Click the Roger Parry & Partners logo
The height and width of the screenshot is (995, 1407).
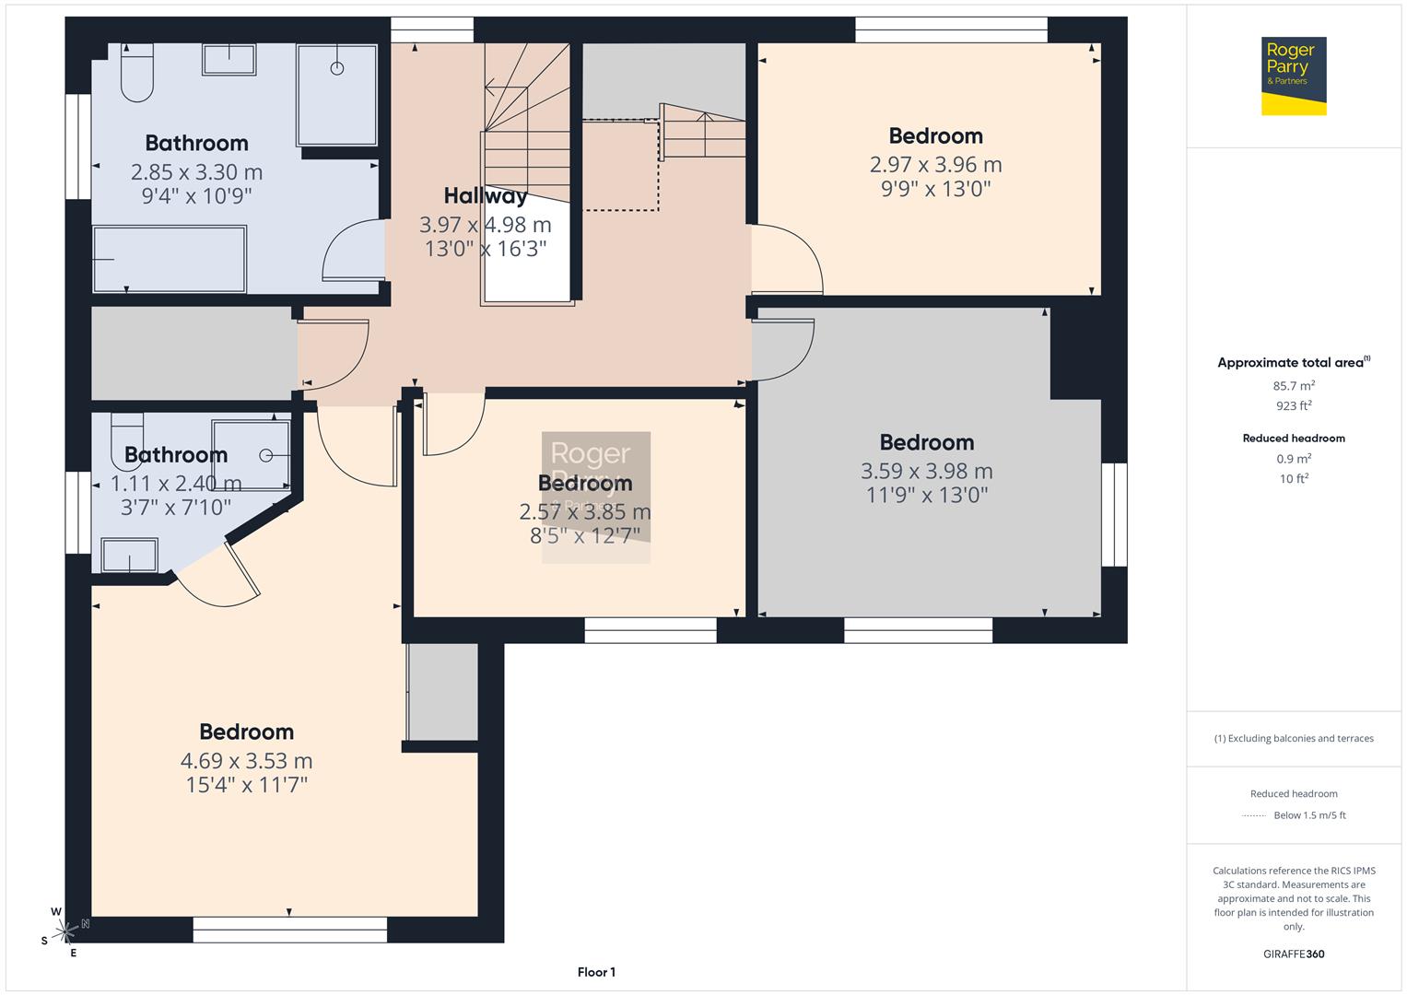pyautogui.click(x=1293, y=76)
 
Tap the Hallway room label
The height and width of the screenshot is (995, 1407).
pyautogui.click(x=486, y=195)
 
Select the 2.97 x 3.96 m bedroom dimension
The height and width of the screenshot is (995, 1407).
pyautogui.click(x=935, y=165)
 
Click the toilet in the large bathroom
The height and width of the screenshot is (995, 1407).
pyautogui.click(x=136, y=74)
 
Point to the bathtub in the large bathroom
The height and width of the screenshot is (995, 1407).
pyautogui.click(x=170, y=259)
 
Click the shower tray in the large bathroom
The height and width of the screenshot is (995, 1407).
pyautogui.click(x=336, y=94)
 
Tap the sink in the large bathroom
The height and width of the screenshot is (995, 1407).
pyautogui.click(x=229, y=60)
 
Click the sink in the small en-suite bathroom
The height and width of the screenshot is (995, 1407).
pyautogui.click(x=129, y=556)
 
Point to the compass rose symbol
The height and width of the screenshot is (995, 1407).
pyautogui.click(x=65, y=931)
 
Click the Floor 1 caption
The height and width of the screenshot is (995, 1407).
pyautogui.click(x=596, y=972)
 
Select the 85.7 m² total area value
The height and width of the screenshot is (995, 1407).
pyautogui.click(x=1294, y=386)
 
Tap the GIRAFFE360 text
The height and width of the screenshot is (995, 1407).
pyautogui.click(x=1294, y=954)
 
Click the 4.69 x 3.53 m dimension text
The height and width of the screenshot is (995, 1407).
pyautogui.click(x=246, y=761)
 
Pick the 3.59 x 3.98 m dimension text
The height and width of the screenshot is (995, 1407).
pyautogui.click(x=926, y=472)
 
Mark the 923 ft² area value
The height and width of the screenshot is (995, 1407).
pyautogui.click(x=1294, y=405)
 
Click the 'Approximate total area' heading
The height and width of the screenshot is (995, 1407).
pyautogui.click(x=1293, y=363)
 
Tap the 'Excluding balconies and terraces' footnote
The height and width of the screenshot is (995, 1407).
pyautogui.click(x=1294, y=738)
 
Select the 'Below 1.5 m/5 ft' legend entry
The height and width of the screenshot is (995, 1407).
pyautogui.click(x=1309, y=815)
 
